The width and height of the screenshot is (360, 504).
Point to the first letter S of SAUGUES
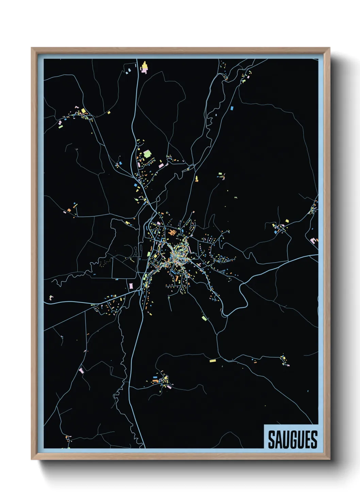[x=272, y=440]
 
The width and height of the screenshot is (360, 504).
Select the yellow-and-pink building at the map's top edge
[x=144, y=67]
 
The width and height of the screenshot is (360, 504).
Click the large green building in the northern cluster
[x=147, y=154]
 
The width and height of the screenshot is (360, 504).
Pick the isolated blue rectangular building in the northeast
[x=232, y=108]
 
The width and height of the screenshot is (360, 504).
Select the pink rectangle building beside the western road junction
[x=131, y=285]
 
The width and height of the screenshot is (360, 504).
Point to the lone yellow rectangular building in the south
[x=213, y=361]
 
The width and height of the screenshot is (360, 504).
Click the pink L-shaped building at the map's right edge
[x=313, y=240]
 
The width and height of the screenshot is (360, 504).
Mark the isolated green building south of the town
[x=204, y=318]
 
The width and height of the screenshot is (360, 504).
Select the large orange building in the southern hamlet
[x=156, y=380]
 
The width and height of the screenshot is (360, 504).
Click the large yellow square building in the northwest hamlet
[x=83, y=111]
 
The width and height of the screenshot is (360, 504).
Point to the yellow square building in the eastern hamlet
[x=287, y=221]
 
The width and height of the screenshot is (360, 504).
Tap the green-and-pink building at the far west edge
[x=51, y=298]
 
